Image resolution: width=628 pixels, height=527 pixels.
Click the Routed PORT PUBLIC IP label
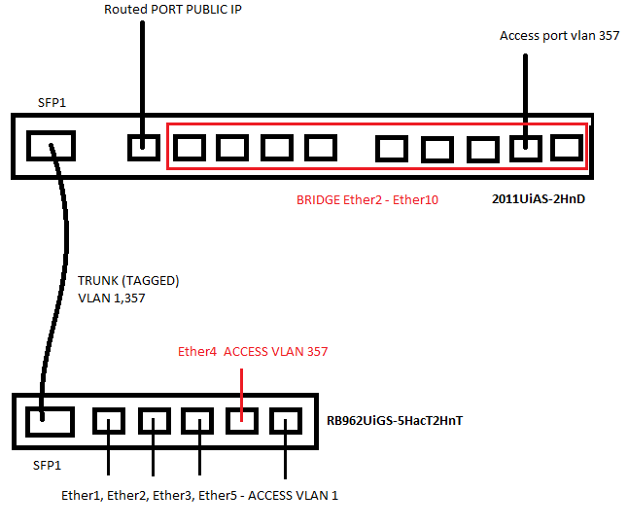click(x=173, y=9)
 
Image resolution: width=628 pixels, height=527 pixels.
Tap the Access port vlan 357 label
click(x=559, y=36)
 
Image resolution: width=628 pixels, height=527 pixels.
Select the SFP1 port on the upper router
click(x=51, y=146)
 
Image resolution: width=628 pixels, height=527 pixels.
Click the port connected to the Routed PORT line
click(x=143, y=148)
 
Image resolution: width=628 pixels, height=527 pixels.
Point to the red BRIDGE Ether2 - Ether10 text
click(x=366, y=199)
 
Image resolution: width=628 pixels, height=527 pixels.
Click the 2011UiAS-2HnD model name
click(x=539, y=199)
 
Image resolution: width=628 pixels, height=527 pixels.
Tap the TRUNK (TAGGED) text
click(x=128, y=281)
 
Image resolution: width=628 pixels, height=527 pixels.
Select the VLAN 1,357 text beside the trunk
click(x=112, y=298)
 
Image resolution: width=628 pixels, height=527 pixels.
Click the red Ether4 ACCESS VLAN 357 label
click(x=253, y=351)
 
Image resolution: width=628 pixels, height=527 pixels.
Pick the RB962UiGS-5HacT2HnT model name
click(x=395, y=421)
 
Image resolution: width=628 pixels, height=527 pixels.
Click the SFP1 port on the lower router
click(x=50, y=422)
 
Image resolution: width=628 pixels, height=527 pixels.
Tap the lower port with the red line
click(x=241, y=421)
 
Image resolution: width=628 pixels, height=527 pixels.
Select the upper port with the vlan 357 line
click(x=526, y=149)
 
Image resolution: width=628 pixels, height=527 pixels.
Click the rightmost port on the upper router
click(x=567, y=148)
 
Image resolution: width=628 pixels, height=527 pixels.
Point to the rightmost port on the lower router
click(x=285, y=421)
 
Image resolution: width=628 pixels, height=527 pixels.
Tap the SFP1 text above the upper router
click(x=52, y=103)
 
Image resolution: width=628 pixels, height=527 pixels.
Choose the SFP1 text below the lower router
click(x=47, y=466)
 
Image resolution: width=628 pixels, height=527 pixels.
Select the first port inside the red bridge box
click(x=190, y=148)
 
